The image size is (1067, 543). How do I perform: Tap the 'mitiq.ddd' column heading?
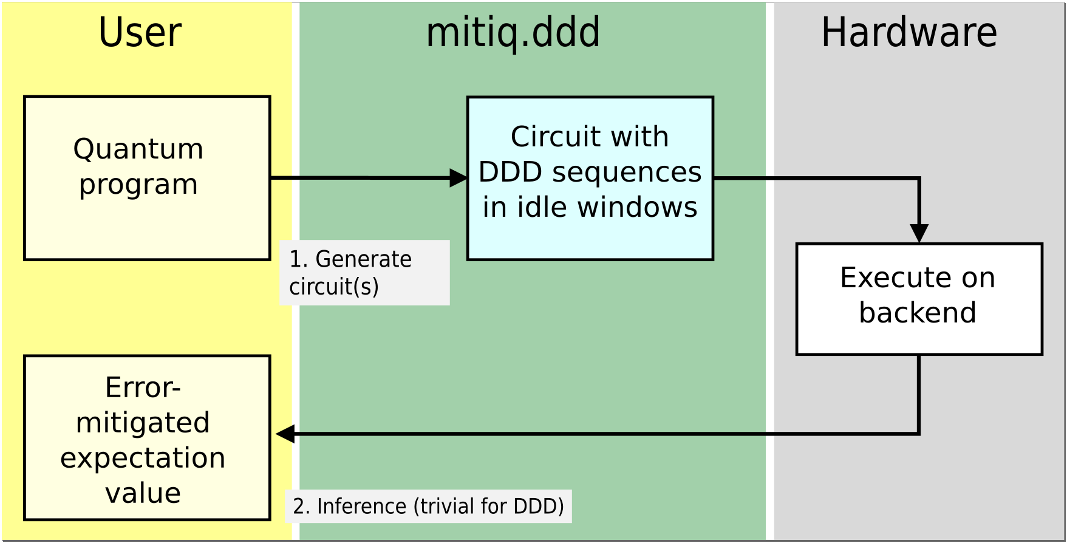pyautogui.click(x=513, y=33)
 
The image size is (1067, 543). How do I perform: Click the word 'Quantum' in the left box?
pyautogui.click(x=138, y=149)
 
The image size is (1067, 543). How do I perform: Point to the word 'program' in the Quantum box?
pyautogui.click(x=138, y=185)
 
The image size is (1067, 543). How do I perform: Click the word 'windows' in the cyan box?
pyautogui.click(x=637, y=207)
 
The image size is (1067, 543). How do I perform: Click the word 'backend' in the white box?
pyautogui.click(x=918, y=313)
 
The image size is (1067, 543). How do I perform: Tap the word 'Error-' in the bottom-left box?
pyautogui.click(x=143, y=388)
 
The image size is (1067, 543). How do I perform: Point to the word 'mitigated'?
pyautogui.click(x=143, y=423)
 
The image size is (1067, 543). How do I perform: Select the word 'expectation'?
pyautogui.click(x=143, y=458)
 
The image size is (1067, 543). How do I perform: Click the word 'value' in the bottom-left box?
pyautogui.click(x=143, y=493)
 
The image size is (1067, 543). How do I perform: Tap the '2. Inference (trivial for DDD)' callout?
pyautogui.click(x=428, y=506)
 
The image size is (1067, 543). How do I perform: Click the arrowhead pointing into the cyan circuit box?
pyautogui.click(x=459, y=178)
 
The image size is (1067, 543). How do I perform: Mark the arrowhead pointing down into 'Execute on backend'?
pyautogui.click(x=919, y=233)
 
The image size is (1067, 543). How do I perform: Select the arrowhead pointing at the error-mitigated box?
pyautogui.click(x=285, y=434)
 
